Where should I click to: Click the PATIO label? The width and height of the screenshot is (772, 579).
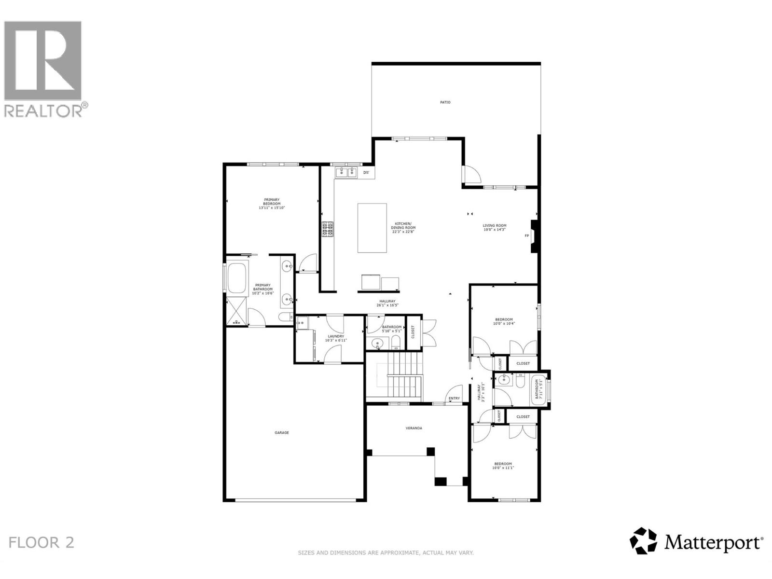click(445, 102)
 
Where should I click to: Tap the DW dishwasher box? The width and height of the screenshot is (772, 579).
click(366, 173)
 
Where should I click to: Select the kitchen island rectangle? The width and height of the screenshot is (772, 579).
click(372, 228)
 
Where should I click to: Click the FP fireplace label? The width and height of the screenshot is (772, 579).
click(527, 236)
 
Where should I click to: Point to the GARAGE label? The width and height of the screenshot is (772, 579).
click(282, 433)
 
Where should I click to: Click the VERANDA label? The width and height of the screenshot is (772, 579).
click(414, 428)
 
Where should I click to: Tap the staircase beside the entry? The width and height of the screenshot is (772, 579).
click(394, 376)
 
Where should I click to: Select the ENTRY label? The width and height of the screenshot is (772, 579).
click(454, 399)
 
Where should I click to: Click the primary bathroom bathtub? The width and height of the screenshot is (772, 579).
click(236, 278)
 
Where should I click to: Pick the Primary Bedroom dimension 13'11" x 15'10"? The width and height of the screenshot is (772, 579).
click(272, 208)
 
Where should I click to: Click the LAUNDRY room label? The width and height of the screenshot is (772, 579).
click(335, 336)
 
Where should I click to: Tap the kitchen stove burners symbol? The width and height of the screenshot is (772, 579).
click(328, 229)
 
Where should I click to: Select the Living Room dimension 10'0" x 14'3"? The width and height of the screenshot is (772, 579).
click(495, 230)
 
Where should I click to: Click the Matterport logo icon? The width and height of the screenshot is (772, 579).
click(644, 541)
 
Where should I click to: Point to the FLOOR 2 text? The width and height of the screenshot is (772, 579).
click(42, 542)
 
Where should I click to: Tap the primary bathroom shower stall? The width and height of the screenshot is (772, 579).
click(236, 312)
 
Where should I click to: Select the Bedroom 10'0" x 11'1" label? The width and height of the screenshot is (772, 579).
click(503, 466)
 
